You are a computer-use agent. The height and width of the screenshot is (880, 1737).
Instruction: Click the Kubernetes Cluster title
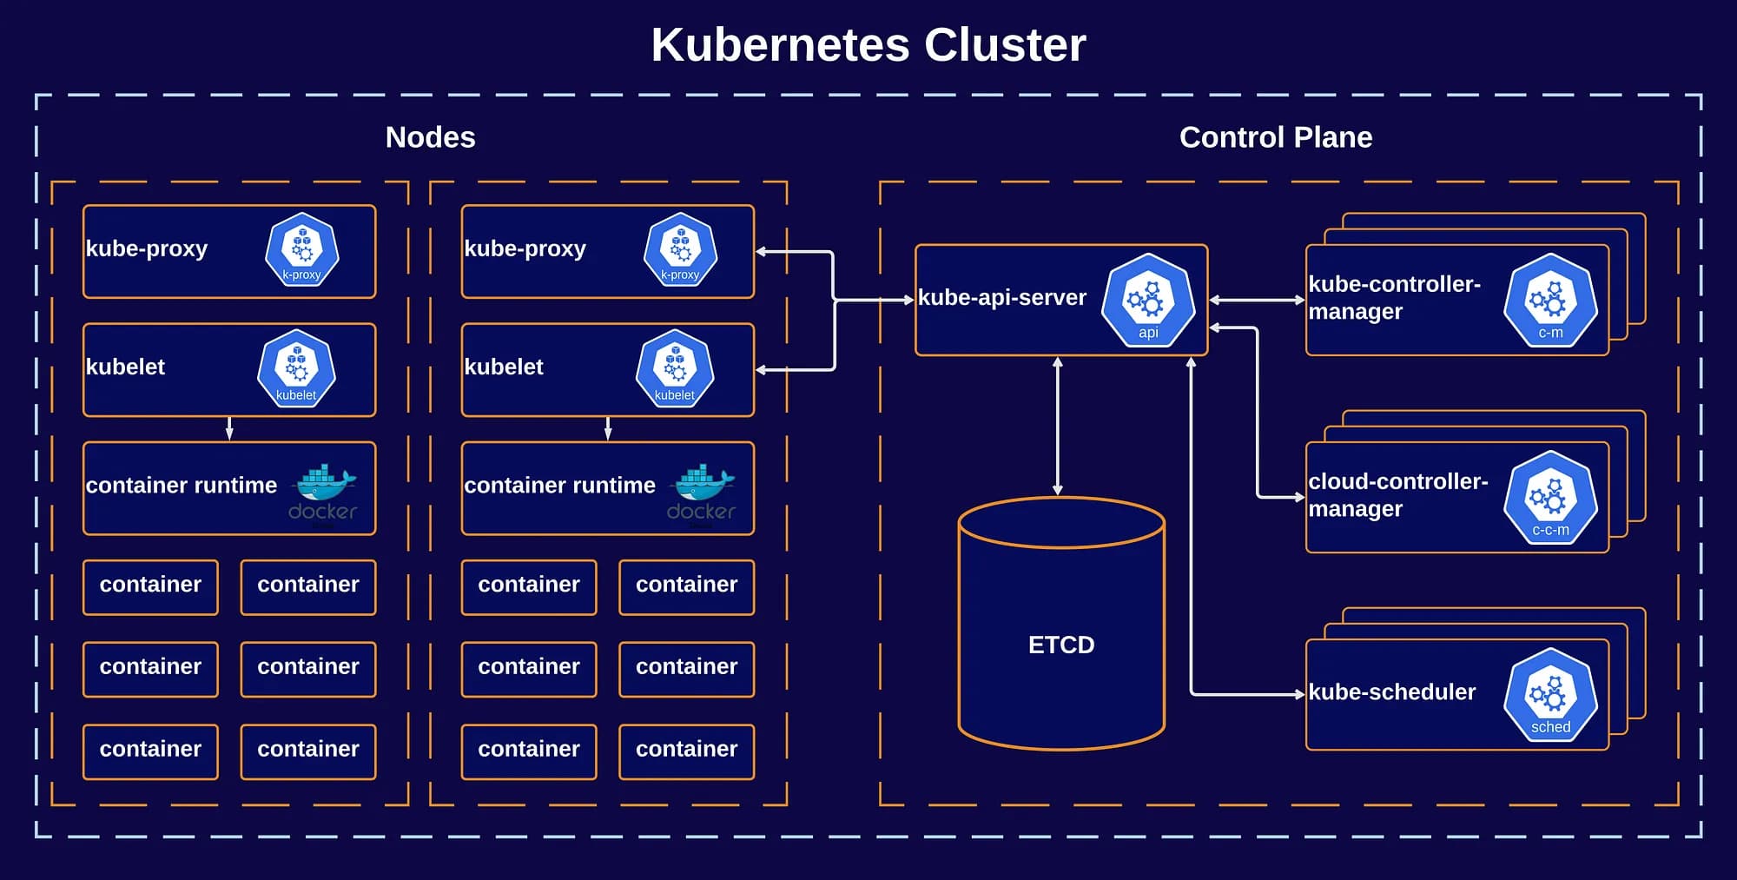pos(868,45)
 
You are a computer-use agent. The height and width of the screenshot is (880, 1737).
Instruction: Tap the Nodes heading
pos(430,137)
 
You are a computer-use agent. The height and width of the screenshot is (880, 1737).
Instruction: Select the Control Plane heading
pos(1275,137)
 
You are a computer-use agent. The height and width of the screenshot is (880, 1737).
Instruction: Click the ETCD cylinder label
pos(1060,645)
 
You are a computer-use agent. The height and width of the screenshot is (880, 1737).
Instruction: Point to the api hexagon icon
pos(1148,301)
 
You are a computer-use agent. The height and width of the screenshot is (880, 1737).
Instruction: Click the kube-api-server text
pos(1001,298)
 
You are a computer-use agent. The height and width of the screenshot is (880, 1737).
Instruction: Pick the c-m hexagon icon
pos(1550,301)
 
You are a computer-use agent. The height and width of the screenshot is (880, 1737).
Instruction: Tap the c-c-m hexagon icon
pos(1550,498)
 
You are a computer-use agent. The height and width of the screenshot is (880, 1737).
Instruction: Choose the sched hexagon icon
pos(1550,695)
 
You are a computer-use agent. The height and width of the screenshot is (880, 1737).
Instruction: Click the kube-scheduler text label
pos(1391,692)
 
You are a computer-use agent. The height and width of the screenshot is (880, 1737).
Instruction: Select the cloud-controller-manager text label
pos(1397,495)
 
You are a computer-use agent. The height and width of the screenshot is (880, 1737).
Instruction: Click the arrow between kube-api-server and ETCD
pos(1057,426)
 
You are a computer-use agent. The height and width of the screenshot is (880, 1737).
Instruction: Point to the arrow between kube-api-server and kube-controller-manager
pos(1257,300)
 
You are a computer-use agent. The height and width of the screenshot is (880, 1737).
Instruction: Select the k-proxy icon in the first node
pos(301,250)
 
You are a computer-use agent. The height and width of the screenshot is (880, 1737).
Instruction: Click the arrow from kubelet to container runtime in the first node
pos(229,428)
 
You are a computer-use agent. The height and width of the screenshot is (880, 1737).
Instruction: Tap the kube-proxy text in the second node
pos(525,249)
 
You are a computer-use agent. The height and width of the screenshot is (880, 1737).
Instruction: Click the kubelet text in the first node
pos(125,367)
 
